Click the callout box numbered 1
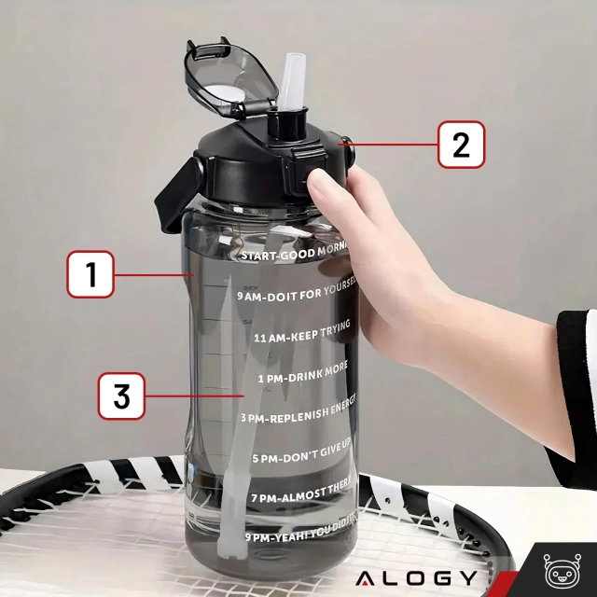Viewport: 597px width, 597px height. pyautogui.click(x=90, y=274)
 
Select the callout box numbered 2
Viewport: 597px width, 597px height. pyautogui.click(x=462, y=145)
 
